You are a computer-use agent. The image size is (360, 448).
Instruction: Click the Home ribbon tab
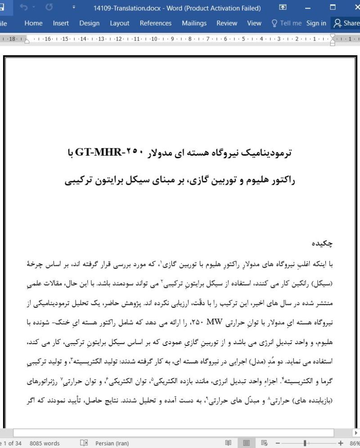pyautogui.click(x=33, y=23)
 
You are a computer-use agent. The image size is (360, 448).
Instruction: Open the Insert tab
pyautogui.click(x=61, y=23)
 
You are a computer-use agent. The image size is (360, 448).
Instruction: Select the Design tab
pyautogui.click(x=90, y=23)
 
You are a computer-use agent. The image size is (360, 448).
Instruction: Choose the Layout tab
pyautogui.click(x=119, y=23)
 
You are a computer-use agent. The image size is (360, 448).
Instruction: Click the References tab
pyautogui.click(x=155, y=23)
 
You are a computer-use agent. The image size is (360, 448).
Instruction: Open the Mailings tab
pyautogui.click(x=194, y=23)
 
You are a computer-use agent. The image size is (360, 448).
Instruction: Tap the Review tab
pyautogui.click(x=227, y=23)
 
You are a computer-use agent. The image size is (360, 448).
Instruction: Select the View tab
pyautogui.click(x=254, y=23)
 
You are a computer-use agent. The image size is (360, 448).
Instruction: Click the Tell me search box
pyautogui.click(x=286, y=23)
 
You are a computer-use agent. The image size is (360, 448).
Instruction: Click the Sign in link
pyautogui.click(x=316, y=23)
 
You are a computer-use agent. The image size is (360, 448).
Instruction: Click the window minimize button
pyautogui.click(x=308, y=8)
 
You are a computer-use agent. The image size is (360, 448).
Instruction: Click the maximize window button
pyautogui.click(x=333, y=8)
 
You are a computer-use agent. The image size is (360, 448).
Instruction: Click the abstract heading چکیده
pyautogui.click(x=322, y=243)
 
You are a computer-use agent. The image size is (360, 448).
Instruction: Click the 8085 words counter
pyautogui.click(x=45, y=444)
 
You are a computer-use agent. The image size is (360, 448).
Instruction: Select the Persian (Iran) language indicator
pyautogui.click(x=112, y=444)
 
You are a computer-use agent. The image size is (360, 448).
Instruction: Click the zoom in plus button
pyautogui.click(x=341, y=444)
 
